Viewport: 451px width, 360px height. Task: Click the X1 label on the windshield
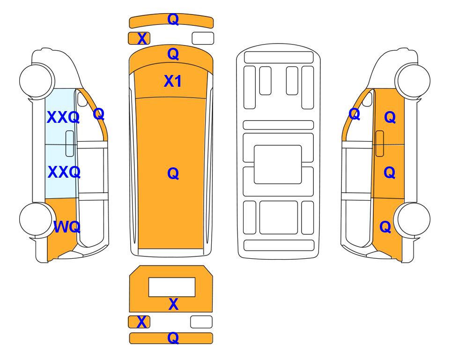pyautogui.click(x=172, y=81)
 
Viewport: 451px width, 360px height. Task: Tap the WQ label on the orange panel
pyautogui.click(x=67, y=227)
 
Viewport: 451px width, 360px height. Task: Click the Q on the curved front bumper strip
pyautogui.click(x=173, y=19)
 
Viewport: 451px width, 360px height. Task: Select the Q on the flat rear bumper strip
pyautogui.click(x=173, y=337)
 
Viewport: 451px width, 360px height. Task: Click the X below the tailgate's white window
pyautogui.click(x=173, y=304)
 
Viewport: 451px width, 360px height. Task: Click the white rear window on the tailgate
pyautogui.click(x=172, y=287)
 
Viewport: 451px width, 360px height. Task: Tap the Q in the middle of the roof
pyautogui.click(x=173, y=173)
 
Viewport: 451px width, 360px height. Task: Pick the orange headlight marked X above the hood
pyautogui.click(x=139, y=38)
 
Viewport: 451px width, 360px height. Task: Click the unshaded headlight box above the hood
pyautogui.click(x=203, y=38)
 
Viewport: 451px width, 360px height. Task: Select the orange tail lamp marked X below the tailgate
pyautogui.click(x=139, y=322)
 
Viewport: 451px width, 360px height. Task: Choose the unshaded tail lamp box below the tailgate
pyautogui.click(x=201, y=322)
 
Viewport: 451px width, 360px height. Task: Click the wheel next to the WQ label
pyautogui.click(x=37, y=219)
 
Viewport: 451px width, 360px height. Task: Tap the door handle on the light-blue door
pyautogui.click(x=70, y=143)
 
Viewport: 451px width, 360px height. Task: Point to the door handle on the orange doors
pyautogui.click(x=380, y=143)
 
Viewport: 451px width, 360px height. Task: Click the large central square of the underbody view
pyautogui.click(x=278, y=165)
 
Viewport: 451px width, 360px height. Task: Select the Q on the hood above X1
pyautogui.click(x=173, y=54)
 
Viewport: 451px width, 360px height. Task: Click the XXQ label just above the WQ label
pyautogui.click(x=64, y=172)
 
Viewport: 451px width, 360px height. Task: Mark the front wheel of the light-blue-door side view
pyautogui.click(x=37, y=81)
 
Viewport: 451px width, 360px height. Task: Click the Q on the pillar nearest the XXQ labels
pyautogui.click(x=99, y=114)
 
